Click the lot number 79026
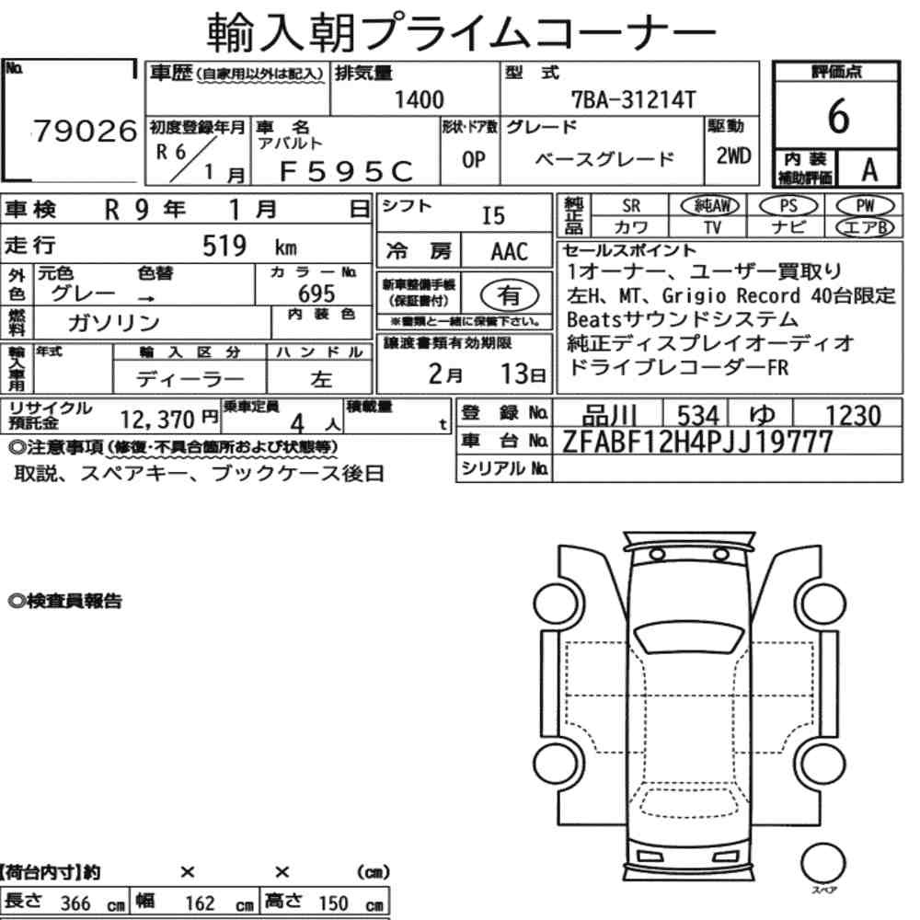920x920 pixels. (85, 131)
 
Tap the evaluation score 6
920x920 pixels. (838, 116)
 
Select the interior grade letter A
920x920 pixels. (869, 170)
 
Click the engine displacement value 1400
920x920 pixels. (419, 99)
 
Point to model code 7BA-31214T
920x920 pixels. (634, 100)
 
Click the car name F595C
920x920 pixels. (346, 171)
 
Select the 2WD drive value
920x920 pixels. (733, 156)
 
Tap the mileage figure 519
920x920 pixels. (224, 246)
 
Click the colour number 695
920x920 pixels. (316, 293)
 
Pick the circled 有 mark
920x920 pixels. (510, 295)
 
